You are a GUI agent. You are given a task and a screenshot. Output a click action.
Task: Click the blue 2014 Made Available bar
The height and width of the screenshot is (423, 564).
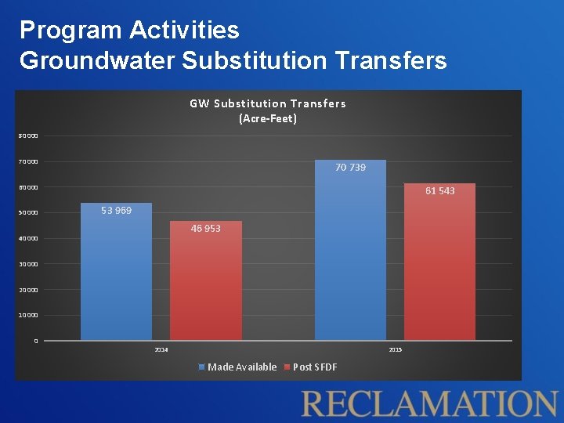click(116, 274)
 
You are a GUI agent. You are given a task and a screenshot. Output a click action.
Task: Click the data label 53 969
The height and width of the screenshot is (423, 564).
click(116, 211)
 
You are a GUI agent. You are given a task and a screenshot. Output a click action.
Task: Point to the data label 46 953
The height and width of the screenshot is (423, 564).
click(206, 229)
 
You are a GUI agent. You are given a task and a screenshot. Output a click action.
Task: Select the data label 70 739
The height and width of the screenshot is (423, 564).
click(350, 168)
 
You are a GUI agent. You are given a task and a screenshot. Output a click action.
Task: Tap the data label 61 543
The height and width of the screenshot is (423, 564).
click(439, 191)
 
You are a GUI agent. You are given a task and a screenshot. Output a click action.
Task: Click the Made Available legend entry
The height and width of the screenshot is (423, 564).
click(238, 367)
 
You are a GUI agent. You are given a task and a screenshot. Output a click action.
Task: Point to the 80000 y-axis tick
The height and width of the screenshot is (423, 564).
click(28, 136)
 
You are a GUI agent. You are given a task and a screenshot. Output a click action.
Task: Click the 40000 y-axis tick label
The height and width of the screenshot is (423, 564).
click(28, 239)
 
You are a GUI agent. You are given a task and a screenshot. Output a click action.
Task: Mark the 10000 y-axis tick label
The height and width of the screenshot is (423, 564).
click(28, 316)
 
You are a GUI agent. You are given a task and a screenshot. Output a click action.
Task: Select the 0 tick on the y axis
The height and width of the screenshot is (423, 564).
click(35, 341)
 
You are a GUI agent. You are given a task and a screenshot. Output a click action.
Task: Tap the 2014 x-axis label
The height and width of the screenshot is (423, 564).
click(161, 349)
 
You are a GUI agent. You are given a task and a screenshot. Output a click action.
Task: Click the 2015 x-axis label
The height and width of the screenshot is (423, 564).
click(395, 349)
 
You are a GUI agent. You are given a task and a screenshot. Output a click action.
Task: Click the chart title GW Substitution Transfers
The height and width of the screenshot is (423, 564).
click(267, 103)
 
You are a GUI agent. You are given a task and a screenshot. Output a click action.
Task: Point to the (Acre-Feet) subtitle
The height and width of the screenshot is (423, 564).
click(267, 119)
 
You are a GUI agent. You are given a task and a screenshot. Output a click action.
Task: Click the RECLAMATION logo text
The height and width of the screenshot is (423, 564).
click(429, 403)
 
